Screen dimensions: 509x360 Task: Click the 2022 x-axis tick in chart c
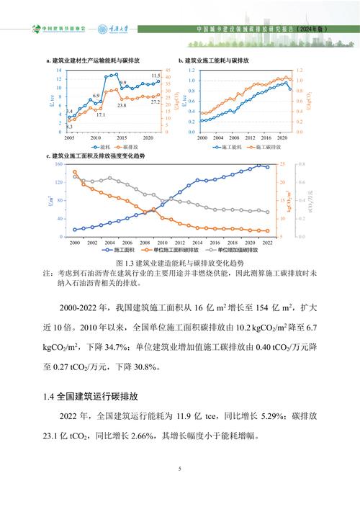pyautogui.click(x=268, y=243)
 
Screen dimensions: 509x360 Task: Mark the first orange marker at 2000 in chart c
pyautogui.click(x=74, y=172)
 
